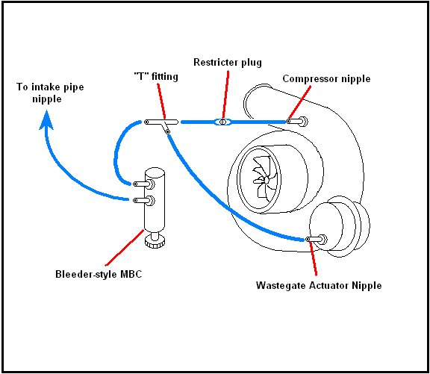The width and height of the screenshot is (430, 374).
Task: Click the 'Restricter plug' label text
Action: point(228,63)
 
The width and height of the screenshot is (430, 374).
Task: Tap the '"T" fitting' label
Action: point(156,76)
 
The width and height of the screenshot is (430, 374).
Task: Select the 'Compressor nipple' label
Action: point(326,79)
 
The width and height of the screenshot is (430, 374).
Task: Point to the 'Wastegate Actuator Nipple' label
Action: point(319,285)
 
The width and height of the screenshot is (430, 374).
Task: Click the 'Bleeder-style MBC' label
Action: point(99,274)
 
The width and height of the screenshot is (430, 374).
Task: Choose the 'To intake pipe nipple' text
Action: point(50,93)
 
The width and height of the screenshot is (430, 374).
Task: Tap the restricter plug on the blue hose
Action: point(223,122)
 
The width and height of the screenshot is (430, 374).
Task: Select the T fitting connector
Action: point(161,122)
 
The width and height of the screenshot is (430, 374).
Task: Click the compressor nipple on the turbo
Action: point(296,121)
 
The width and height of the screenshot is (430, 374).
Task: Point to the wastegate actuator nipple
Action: point(317,239)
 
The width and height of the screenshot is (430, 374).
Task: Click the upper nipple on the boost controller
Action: point(143,184)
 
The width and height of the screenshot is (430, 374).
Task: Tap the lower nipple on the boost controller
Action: point(143,200)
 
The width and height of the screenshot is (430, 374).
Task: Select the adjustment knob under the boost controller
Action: point(155,242)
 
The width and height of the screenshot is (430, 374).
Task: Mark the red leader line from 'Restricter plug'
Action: point(225,94)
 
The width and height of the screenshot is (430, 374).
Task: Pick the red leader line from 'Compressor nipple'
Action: point(299,102)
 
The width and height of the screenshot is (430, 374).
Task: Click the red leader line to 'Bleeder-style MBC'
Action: point(124,248)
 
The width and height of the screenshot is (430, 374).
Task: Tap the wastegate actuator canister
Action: point(340,226)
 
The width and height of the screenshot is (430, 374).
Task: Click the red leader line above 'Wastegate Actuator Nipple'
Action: point(313,258)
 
